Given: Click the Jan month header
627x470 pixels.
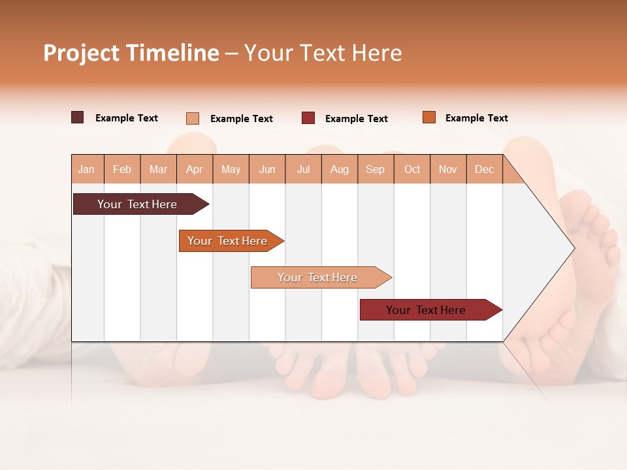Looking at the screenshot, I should point(86,170).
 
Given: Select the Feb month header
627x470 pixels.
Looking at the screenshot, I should point(122,170).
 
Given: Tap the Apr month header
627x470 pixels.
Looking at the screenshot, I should point(194,170).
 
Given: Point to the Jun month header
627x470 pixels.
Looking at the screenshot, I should point(267,170).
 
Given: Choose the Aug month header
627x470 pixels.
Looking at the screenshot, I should point(339,170).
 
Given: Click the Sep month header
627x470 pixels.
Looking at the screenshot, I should point(375,170).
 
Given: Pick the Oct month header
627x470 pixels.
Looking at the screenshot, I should point(412,170).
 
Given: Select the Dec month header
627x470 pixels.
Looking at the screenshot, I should point(484,170).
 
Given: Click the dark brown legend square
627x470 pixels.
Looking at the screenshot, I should point(78,117).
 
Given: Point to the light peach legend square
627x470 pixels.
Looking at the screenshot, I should point(193,118).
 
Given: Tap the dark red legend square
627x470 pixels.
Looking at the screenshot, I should point(308,118).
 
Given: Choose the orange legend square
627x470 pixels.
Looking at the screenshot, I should point(428,117).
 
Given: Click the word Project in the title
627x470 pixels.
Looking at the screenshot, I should point(81,53).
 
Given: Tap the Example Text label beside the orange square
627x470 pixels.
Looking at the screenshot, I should point(476,118).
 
